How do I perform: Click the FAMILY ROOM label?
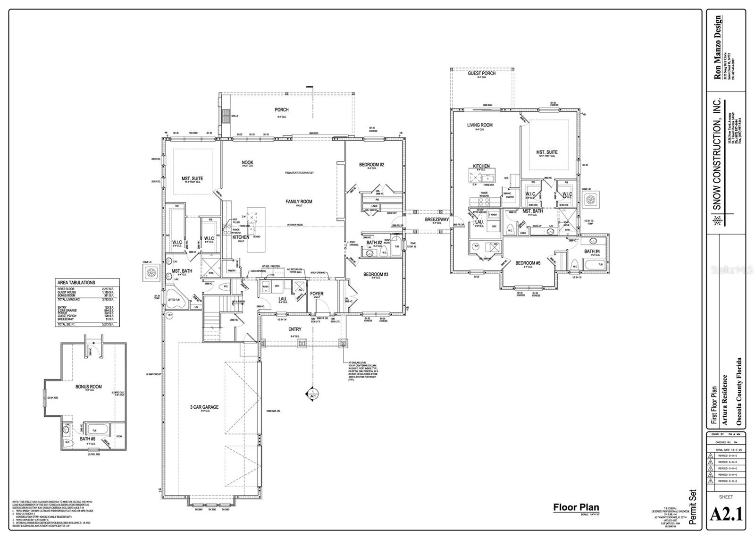point(299,202)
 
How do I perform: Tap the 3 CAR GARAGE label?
point(204,407)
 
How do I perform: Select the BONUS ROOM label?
point(89,387)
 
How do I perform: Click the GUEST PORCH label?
point(482,73)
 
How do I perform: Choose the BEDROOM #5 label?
point(528,263)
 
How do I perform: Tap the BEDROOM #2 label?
point(371,165)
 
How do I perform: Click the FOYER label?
point(317,294)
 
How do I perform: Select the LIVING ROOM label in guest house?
point(479,125)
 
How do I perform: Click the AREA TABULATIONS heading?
point(76,282)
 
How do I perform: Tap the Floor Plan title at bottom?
point(576,507)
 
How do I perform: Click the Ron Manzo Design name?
point(718,47)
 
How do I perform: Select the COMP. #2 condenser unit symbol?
point(590,200)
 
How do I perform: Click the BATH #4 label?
point(592,251)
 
